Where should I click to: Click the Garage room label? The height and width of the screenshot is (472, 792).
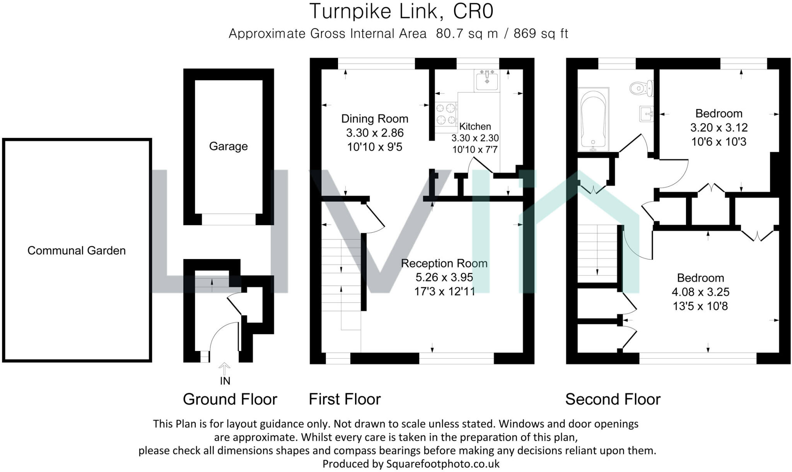click(x=228, y=146)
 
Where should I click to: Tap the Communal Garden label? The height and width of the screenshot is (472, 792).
click(x=77, y=250)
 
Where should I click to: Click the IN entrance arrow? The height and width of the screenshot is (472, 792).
click(x=224, y=368)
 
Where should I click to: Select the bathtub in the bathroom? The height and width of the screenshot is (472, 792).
click(x=593, y=120)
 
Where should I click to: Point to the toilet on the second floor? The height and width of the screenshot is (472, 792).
click(x=641, y=89)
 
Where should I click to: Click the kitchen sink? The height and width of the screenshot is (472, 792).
click(x=487, y=80)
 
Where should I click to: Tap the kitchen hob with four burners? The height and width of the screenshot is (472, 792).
click(x=445, y=114)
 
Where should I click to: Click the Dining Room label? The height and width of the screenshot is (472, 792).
click(x=374, y=119)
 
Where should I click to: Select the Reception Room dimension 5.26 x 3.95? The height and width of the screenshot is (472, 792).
click(x=444, y=277)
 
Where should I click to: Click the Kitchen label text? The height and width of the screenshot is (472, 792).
click(x=475, y=126)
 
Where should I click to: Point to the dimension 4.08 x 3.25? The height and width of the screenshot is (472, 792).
click(x=700, y=292)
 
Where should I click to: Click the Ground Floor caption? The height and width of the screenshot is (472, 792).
click(x=230, y=399)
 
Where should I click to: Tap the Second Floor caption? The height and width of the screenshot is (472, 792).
click(x=613, y=399)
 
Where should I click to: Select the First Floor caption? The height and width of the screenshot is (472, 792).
click(x=345, y=399)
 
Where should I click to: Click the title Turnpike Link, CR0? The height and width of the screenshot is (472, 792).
click(x=401, y=11)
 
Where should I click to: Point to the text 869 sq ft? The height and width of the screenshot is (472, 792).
click(x=541, y=34)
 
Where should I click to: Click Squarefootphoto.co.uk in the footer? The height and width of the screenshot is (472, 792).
click(x=443, y=464)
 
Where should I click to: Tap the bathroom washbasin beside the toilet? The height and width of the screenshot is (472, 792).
click(x=646, y=113)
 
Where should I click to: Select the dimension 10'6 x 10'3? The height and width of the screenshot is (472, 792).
click(x=719, y=142)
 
